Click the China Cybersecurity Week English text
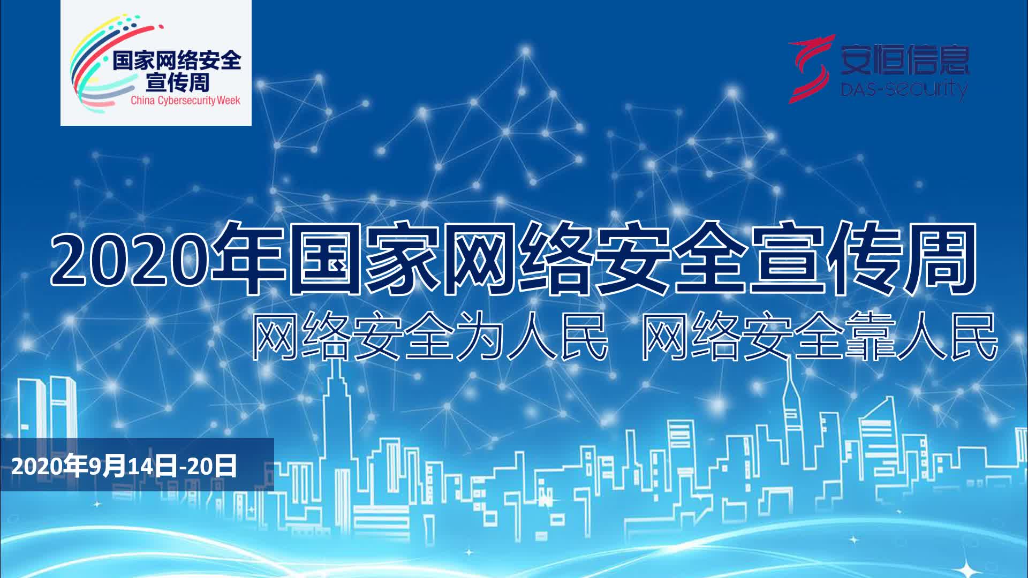click(x=185, y=101)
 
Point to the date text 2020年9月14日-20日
click(x=124, y=467)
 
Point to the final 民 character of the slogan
click(x=970, y=337)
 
